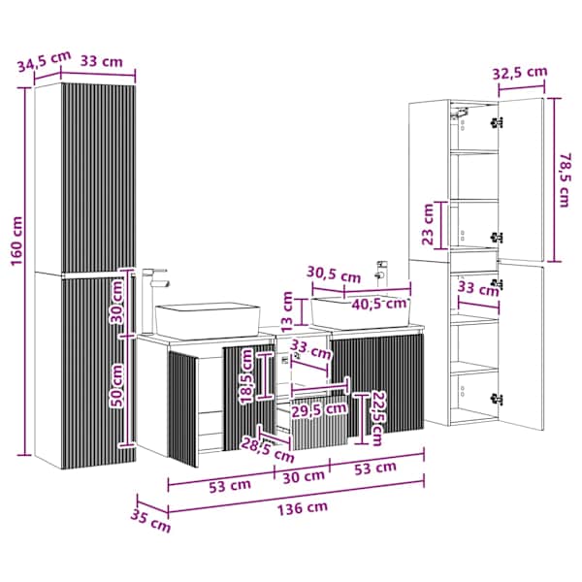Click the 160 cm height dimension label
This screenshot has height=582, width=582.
pos(16,242)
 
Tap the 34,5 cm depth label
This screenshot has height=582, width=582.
pos(45,61)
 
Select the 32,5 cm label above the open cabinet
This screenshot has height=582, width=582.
pos(520,73)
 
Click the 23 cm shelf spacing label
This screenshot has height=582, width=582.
pos(428,224)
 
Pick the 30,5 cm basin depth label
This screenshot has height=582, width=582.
pos(334,275)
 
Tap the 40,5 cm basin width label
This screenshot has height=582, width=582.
pos(379,304)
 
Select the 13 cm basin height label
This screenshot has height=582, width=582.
pos(287,311)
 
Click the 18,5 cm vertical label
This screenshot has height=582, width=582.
pos(246,376)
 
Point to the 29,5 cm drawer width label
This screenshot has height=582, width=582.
pos(319,409)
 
